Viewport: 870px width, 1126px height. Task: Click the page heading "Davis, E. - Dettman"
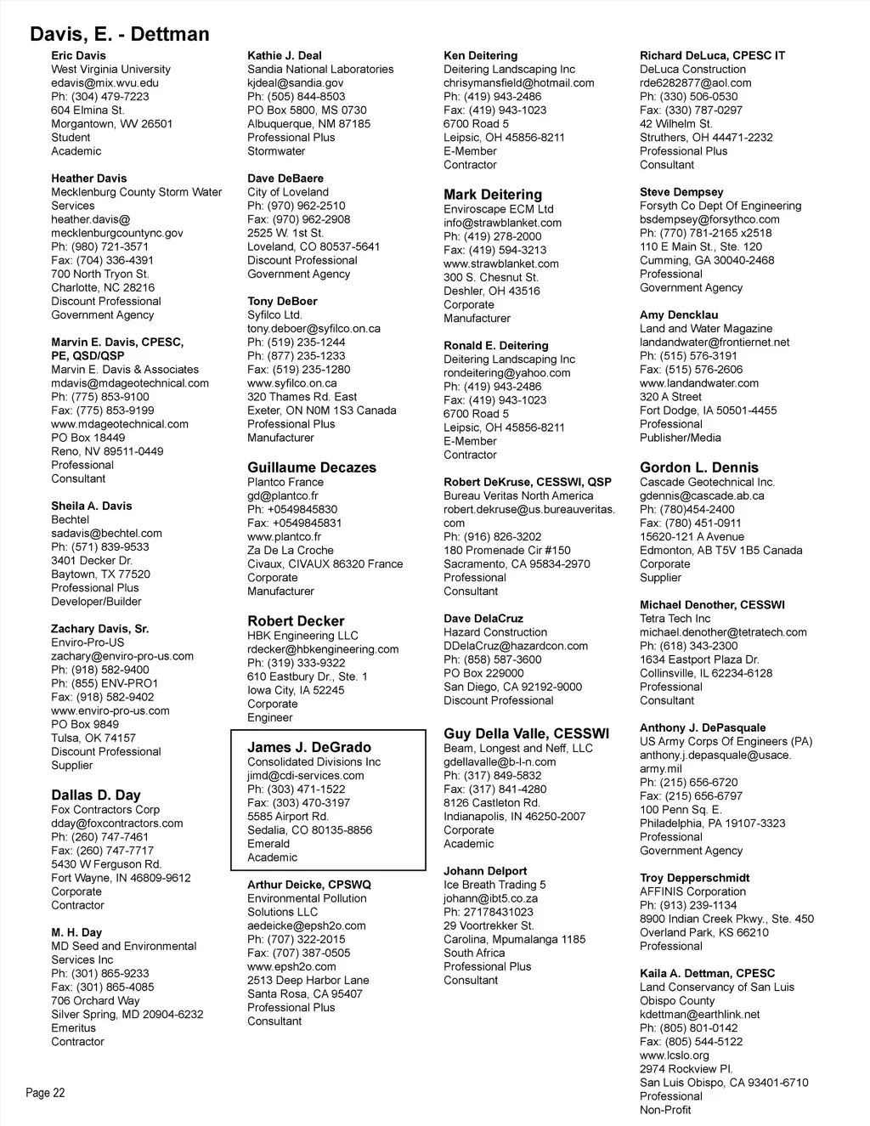(x=119, y=34)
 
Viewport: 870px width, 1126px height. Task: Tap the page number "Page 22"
(x=45, y=1093)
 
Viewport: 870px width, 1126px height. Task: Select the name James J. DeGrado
(x=309, y=747)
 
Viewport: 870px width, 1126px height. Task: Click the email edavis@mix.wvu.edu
(x=105, y=82)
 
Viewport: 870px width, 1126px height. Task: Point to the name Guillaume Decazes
(x=312, y=467)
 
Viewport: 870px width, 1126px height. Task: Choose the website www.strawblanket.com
(x=501, y=263)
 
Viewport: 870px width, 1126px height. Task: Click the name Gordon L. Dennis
(x=699, y=467)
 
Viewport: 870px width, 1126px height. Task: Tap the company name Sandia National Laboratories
(x=320, y=69)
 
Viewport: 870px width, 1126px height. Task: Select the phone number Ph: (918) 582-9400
(x=99, y=670)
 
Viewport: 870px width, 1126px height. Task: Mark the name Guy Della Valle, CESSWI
(x=526, y=733)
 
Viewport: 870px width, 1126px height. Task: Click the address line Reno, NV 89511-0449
(x=107, y=451)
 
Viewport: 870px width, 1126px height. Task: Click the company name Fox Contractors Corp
(x=105, y=810)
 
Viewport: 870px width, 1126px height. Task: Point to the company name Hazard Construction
(x=495, y=632)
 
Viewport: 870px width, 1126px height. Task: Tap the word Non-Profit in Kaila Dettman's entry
(x=665, y=1110)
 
